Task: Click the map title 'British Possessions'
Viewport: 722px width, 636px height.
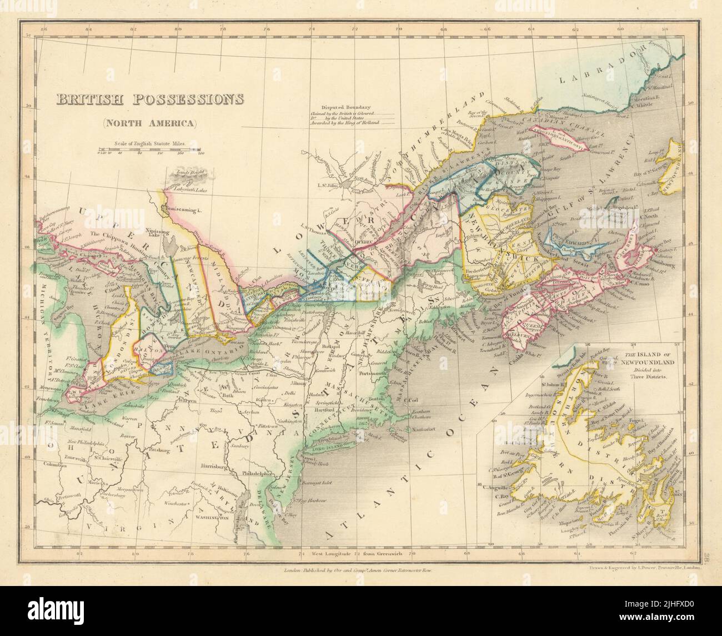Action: tap(149, 100)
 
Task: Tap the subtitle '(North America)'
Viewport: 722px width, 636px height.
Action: tap(149, 123)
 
